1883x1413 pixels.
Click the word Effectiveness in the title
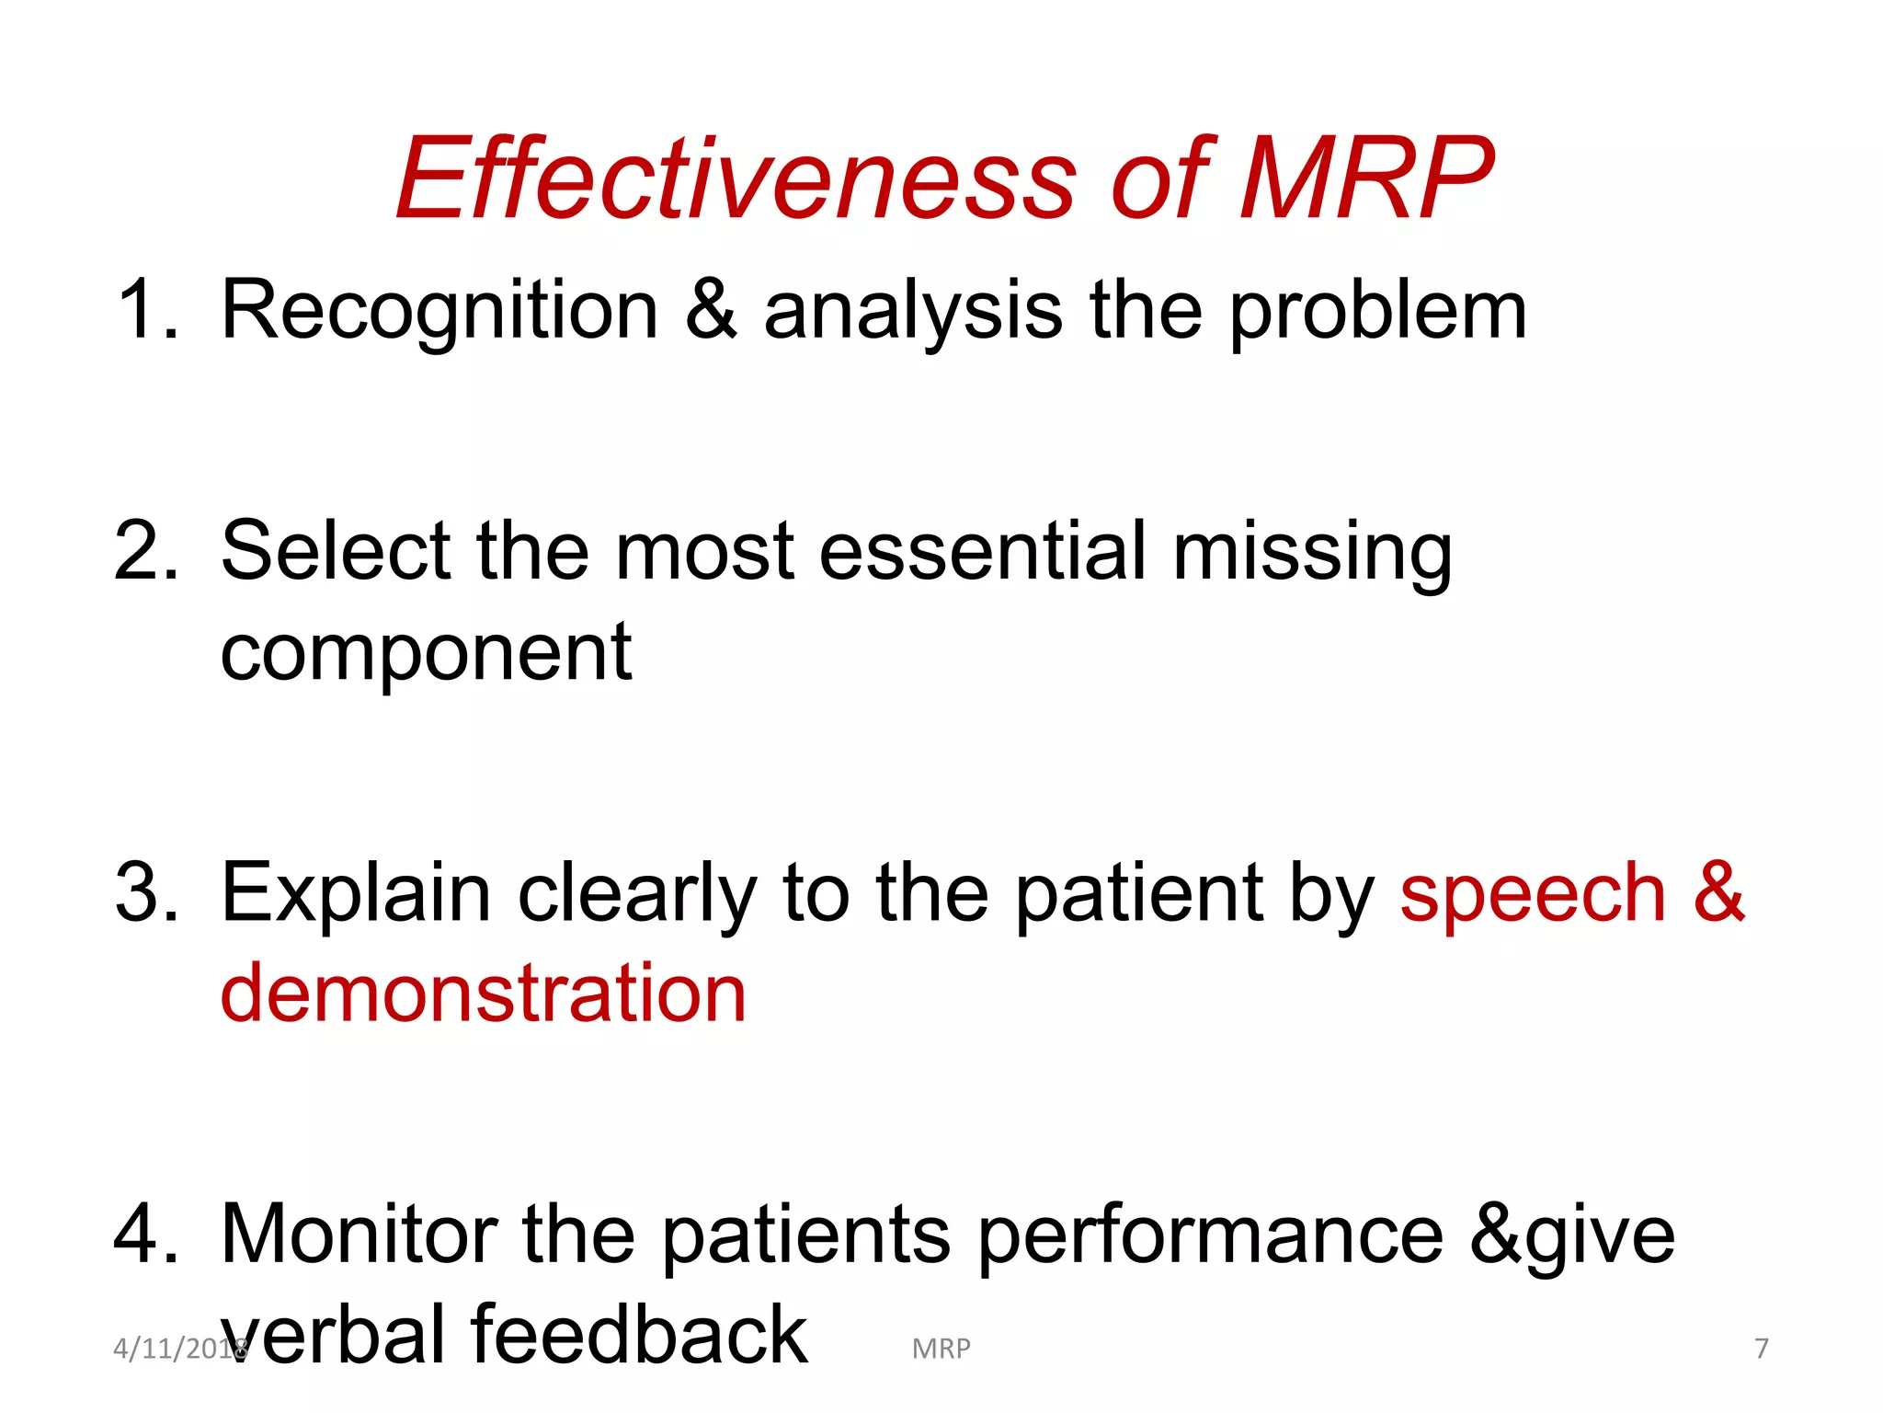point(736,179)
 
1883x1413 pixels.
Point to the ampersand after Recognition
point(711,311)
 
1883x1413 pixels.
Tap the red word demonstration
point(484,994)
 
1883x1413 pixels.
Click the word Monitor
point(359,1234)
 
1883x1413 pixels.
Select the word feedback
point(639,1334)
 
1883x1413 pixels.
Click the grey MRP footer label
point(941,1349)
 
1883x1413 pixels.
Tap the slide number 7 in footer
point(1761,1349)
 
